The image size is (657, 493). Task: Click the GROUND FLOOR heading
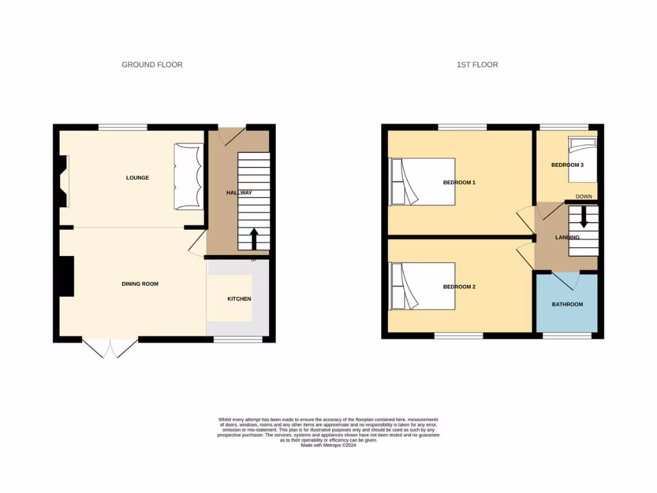(152, 65)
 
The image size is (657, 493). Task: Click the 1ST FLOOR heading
(477, 65)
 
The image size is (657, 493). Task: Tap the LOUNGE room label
(137, 178)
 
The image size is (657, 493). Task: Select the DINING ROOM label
(140, 284)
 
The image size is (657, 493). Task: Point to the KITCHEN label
(239, 299)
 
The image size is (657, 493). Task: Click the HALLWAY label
(239, 193)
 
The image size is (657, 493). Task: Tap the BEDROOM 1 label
(459, 183)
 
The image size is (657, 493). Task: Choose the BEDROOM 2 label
(459, 287)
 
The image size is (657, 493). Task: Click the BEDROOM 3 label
(567, 165)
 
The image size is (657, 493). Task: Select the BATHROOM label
(567, 304)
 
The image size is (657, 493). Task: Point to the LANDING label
(567, 238)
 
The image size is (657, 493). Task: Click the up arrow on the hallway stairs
(253, 239)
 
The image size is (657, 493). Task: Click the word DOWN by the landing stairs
(584, 196)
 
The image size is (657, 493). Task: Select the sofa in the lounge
(187, 177)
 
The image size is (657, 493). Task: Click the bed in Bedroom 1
(422, 182)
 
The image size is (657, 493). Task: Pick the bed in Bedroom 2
(422, 286)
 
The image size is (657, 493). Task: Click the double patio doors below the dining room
(110, 347)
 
